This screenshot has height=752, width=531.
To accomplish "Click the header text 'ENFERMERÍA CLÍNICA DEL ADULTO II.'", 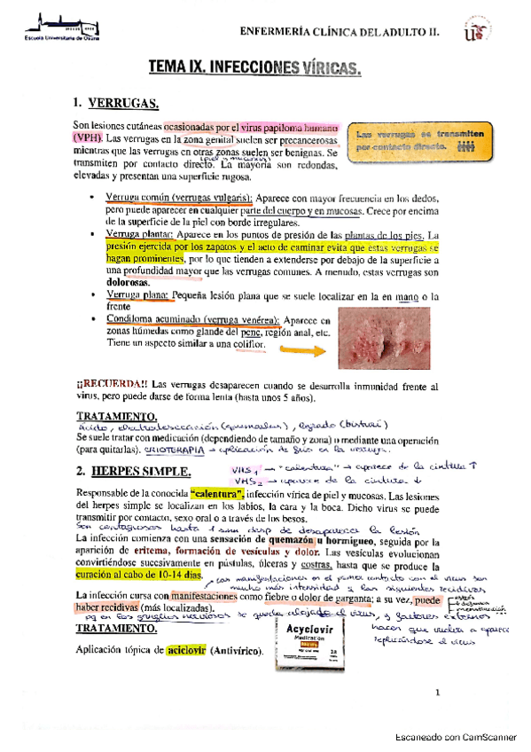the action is click(x=340, y=32).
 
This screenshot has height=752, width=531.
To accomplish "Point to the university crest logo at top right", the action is click(x=476, y=31).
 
